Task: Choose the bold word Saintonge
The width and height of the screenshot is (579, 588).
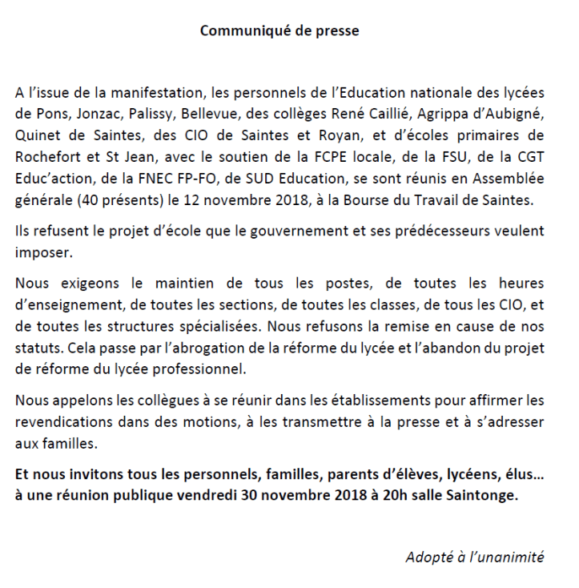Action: point(480,496)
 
